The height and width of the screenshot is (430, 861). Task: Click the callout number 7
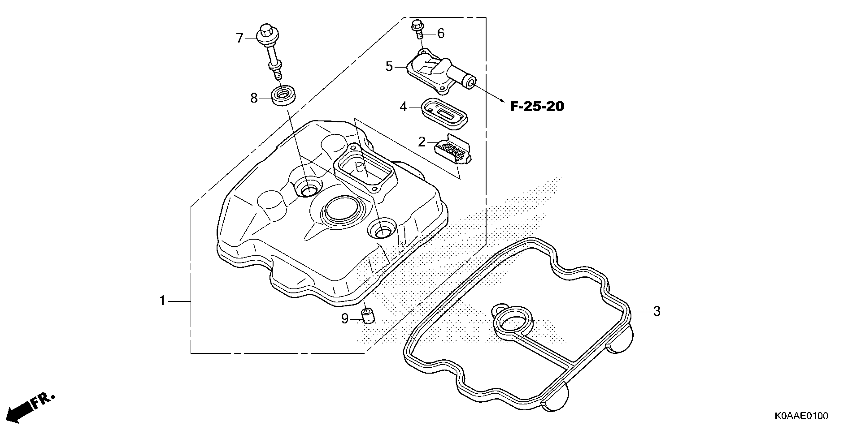click(x=239, y=38)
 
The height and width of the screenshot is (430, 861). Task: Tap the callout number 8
click(x=254, y=98)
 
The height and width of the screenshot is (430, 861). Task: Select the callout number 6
click(x=441, y=34)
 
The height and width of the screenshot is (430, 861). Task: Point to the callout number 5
click(x=389, y=67)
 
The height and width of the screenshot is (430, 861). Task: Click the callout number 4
click(x=403, y=107)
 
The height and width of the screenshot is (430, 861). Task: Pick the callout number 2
click(x=422, y=142)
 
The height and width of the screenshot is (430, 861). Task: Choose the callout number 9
click(x=345, y=319)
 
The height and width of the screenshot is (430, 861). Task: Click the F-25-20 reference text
click(x=537, y=107)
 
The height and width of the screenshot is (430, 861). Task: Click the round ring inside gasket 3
click(x=514, y=322)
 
